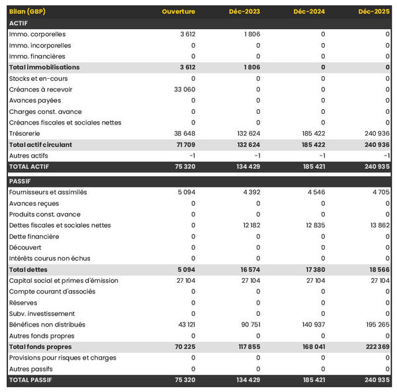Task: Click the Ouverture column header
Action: (179, 11)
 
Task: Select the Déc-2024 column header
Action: (308, 11)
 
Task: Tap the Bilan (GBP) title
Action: (28, 11)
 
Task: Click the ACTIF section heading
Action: (18, 23)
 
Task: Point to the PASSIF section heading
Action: (20, 181)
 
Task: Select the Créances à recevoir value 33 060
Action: (185, 89)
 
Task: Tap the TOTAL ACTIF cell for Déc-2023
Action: (248, 166)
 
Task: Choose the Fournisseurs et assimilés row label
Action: (48, 192)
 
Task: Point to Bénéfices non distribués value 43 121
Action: (185, 324)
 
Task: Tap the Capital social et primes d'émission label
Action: (64, 281)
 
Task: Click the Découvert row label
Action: (26, 248)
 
